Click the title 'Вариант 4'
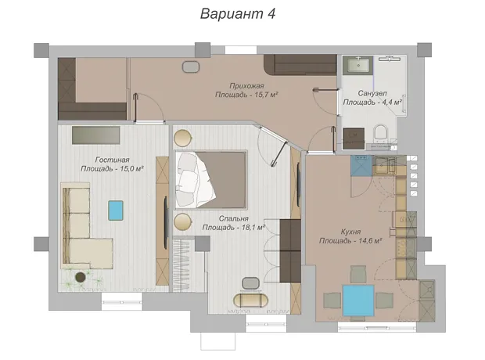238,14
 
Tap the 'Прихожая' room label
246,86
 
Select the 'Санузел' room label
372,93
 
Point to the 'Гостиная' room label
112,160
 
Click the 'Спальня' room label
234,218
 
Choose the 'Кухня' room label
350,232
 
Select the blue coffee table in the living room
116,211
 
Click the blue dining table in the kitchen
358,301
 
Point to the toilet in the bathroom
380,132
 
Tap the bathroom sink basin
358,65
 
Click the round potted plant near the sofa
81,277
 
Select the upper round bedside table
182,138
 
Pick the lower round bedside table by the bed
182,221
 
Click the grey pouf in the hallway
191,67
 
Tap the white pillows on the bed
186,179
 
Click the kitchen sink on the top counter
385,165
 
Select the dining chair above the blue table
358,274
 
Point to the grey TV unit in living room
96,135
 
